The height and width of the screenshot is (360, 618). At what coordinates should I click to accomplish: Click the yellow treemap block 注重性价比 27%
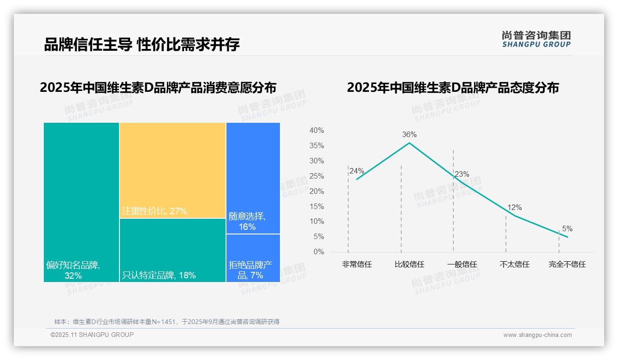(172, 170)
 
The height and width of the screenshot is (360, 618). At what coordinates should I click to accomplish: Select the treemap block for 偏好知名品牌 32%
(81, 202)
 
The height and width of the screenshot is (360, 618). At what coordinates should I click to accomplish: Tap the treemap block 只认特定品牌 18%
(172, 250)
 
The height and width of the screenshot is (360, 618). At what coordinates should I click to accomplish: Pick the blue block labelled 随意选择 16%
(253, 178)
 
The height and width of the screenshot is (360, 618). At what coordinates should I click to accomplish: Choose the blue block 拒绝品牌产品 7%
(253, 258)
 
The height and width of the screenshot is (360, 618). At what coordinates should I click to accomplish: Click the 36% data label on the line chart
(409, 135)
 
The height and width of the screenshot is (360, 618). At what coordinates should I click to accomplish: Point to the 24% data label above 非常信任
(357, 171)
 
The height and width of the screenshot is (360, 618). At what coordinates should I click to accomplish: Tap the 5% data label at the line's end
(567, 229)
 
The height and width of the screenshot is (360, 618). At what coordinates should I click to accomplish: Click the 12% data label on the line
(515, 208)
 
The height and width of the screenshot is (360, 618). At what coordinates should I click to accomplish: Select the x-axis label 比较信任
(409, 264)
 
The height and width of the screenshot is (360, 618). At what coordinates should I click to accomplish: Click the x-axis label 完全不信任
(567, 264)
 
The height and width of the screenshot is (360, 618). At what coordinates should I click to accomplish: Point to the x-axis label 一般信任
(462, 264)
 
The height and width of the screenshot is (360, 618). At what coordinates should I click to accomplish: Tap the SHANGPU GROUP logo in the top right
(536, 39)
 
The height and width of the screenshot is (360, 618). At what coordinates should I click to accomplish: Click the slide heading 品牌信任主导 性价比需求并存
(142, 44)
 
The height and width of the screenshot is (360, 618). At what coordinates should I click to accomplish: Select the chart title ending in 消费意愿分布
(158, 88)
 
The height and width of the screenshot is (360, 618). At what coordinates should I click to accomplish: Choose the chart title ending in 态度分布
(452, 88)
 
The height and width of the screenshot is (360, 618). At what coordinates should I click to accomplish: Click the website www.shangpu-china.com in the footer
(537, 335)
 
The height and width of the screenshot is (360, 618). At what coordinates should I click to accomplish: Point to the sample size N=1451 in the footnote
(163, 322)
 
